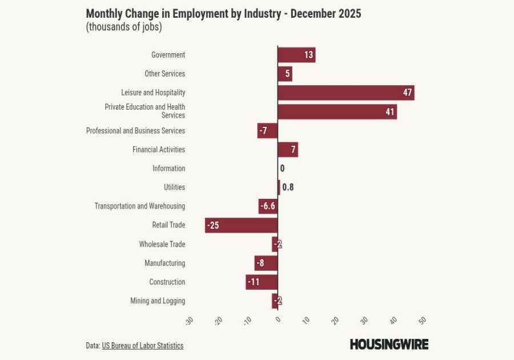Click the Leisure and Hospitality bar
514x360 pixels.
click(346, 93)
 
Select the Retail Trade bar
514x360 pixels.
click(241, 225)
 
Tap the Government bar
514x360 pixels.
click(296, 55)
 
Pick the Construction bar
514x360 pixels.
click(262, 282)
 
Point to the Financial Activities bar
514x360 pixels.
click(288, 150)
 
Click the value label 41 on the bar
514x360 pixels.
click(390, 112)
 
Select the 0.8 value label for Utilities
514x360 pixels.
click(288, 187)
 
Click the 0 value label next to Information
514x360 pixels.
click(282, 169)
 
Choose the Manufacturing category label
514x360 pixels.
click(164, 263)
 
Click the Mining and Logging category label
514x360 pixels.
click(158, 301)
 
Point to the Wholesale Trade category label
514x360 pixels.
click(162, 245)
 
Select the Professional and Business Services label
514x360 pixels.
click(135, 131)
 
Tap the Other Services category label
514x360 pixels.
click(164, 74)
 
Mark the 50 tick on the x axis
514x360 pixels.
click(423, 320)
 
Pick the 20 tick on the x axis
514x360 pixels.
click(335, 320)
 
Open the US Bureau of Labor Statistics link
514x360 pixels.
click(143, 346)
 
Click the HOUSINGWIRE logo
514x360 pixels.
click(389, 344)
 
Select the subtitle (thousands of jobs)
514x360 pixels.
click(123, 27)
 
